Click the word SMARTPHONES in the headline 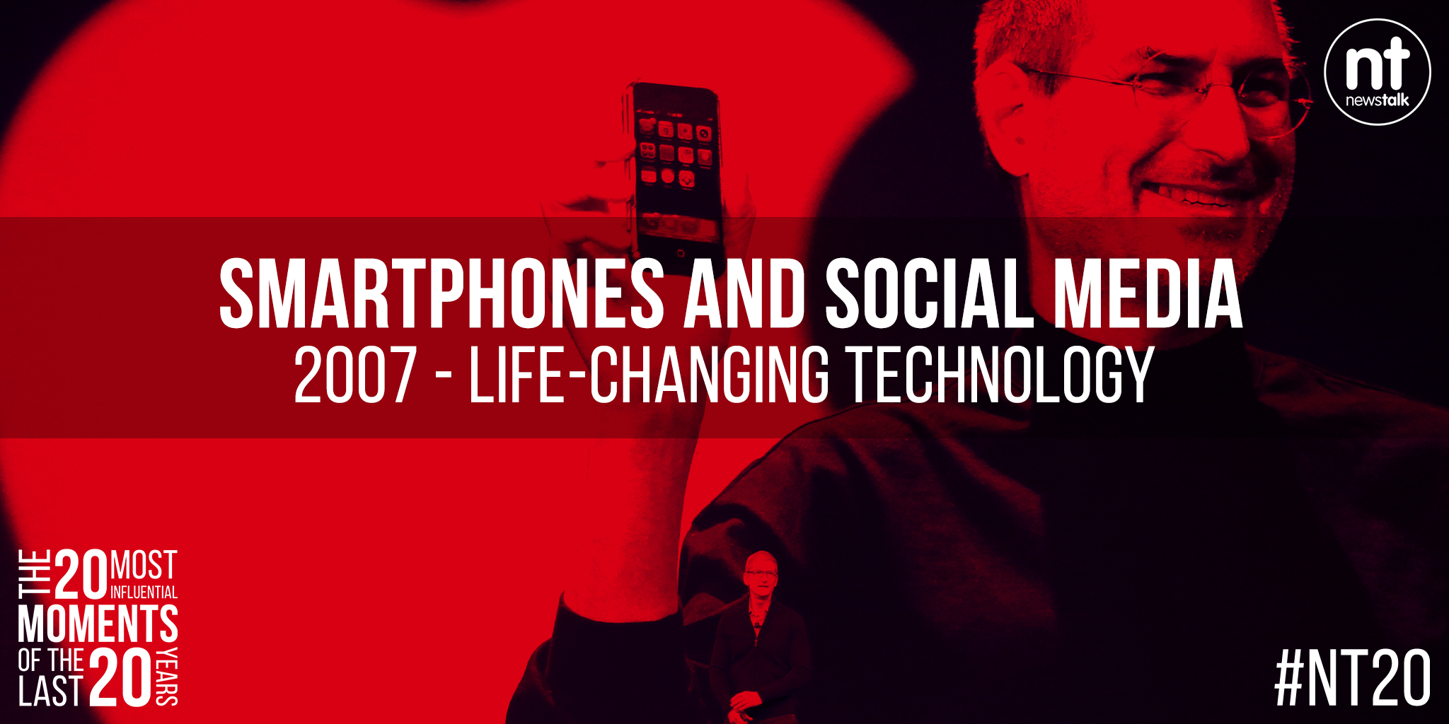click(x=441, y=293)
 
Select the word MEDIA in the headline click(x=1148, y=293)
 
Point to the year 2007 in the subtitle click(x=355, y=375)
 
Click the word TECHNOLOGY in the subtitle click(x=1001, y=375)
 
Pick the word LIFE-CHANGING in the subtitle click(x=649, y=375)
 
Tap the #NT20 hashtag click(x=1353, y=678)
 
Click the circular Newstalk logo click(x=1378, y=71)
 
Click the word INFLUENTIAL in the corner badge click(x=144, y=592)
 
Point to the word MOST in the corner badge click(x=144, y=566)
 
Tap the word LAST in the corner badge click(x=50, y=691)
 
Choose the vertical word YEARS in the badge click(x=167, y=677)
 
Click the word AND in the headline click(x=745, y=293)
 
